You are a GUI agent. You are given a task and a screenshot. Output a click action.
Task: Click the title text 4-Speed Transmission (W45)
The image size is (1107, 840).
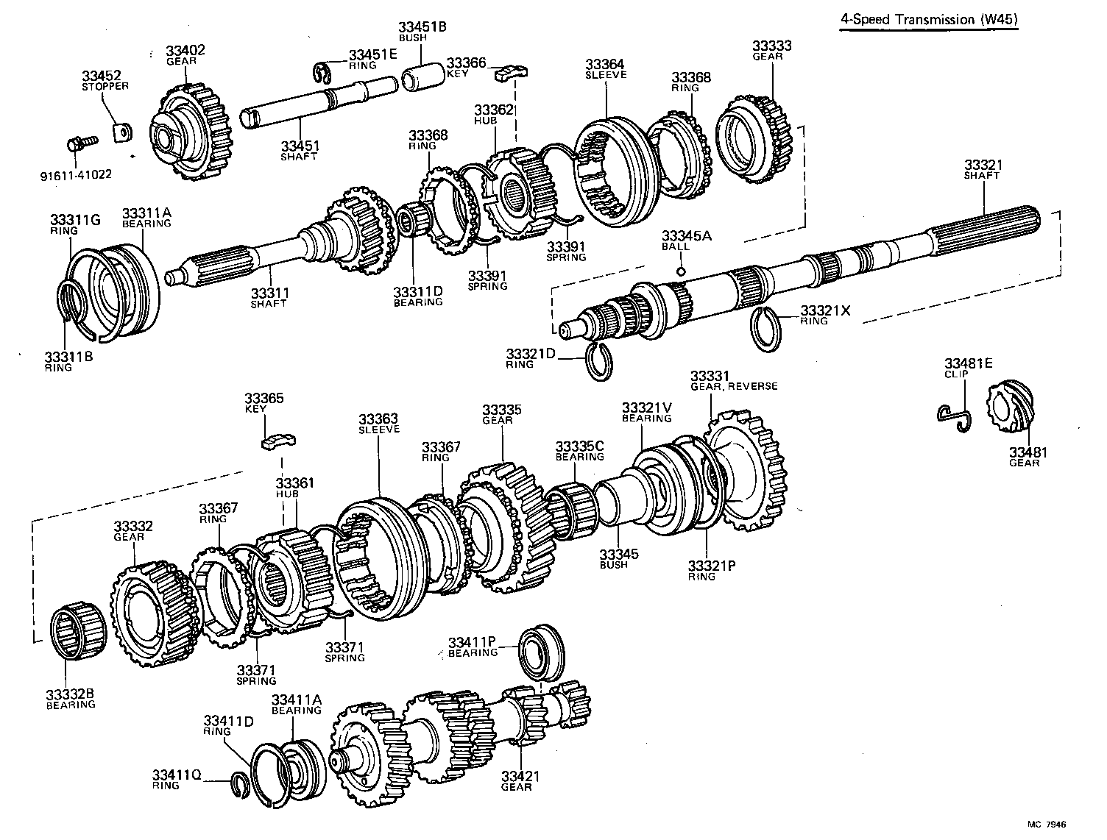[930, 20]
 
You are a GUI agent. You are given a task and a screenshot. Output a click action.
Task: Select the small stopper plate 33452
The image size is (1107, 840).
[121, 133]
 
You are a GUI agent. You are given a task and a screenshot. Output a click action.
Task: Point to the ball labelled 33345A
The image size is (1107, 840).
[681, 271]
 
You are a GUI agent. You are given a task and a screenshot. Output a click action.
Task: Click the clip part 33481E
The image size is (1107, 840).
[955, 417]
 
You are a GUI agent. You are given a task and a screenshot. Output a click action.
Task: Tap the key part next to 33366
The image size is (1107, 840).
[513, 72]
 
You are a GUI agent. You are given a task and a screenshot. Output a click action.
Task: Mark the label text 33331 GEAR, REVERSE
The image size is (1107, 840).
[732, 381]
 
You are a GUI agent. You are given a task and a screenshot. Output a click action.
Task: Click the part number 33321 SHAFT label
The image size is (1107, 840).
[983, 170]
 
